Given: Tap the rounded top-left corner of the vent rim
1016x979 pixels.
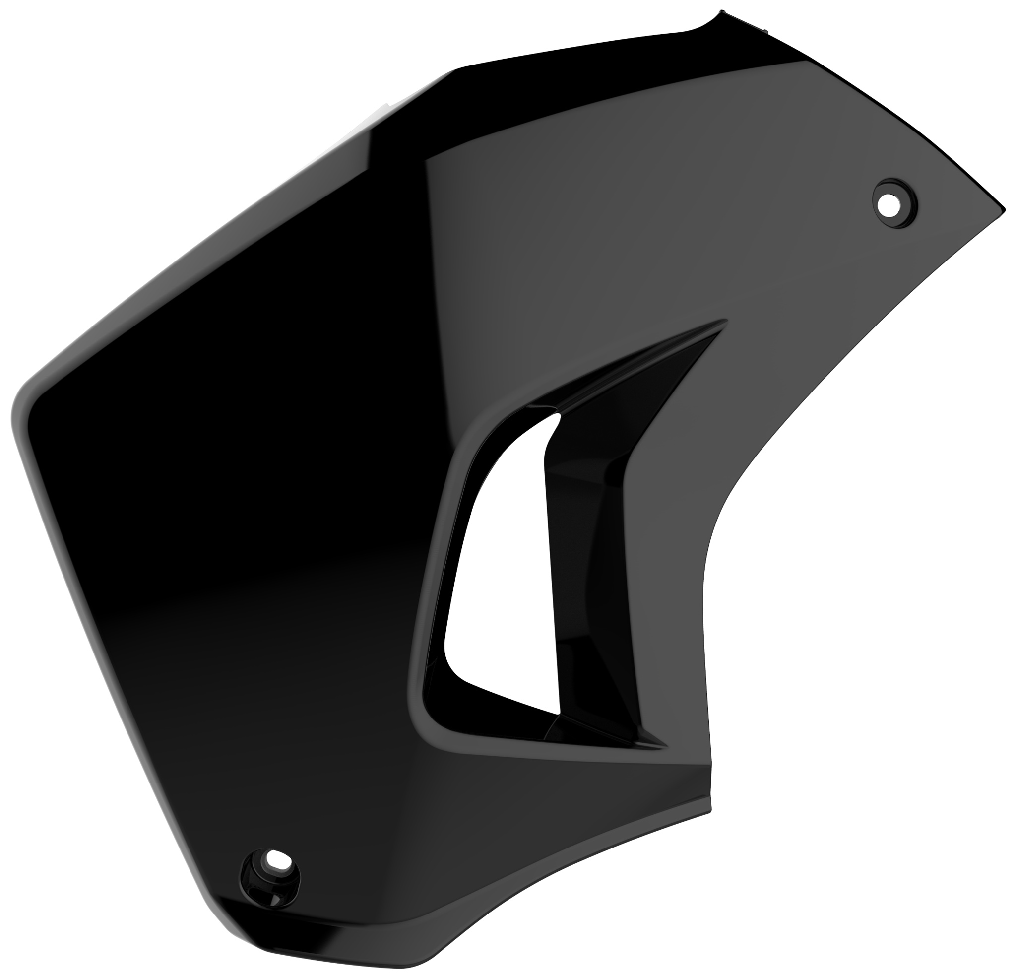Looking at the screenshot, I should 480,420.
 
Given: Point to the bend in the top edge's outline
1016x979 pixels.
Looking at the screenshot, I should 456,70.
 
